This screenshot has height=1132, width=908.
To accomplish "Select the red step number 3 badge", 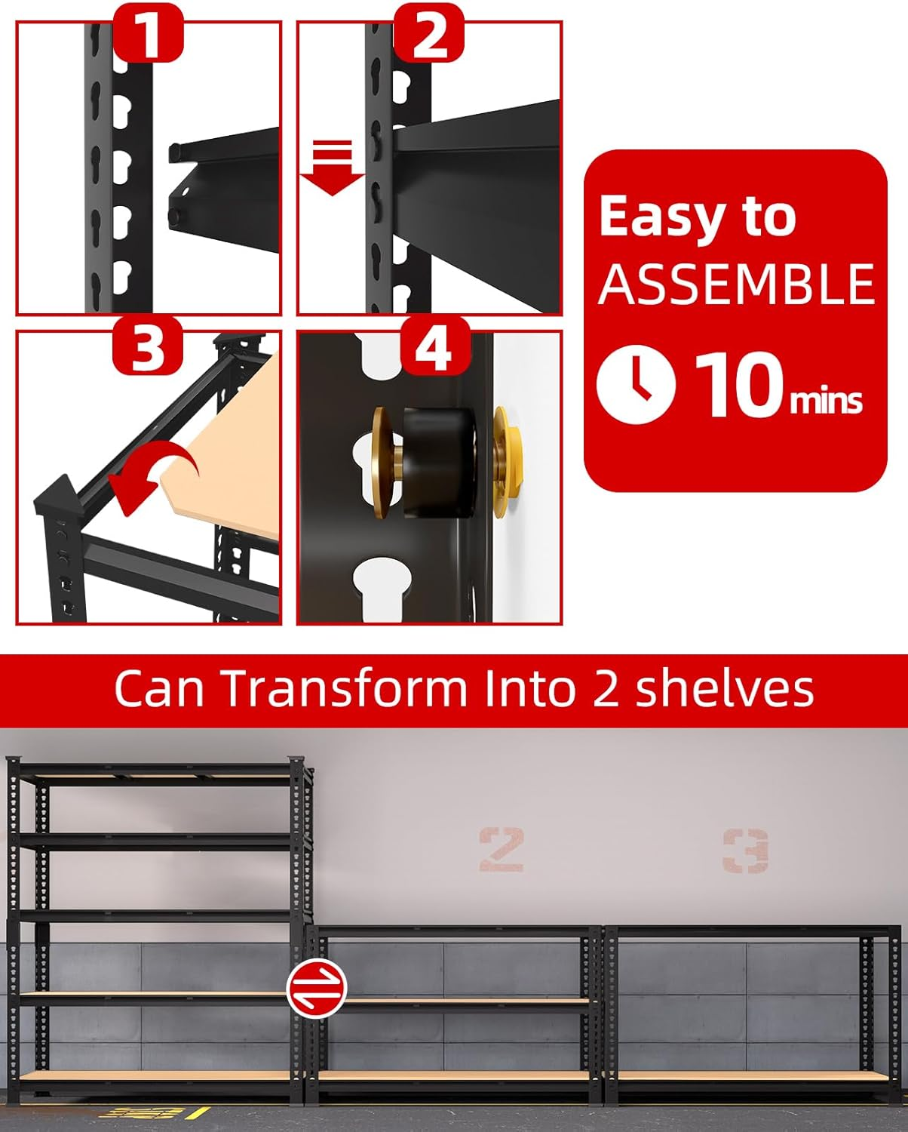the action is point(148,346).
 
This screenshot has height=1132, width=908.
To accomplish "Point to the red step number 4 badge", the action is point(435,346).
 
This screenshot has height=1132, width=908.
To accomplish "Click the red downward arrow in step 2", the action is point(333,168).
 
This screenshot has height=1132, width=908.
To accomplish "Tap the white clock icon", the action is point(636,384).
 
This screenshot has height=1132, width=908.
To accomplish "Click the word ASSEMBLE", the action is point(736,284).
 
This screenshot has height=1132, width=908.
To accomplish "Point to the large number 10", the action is point(741,384).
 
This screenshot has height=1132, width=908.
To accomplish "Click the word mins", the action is point(826,401).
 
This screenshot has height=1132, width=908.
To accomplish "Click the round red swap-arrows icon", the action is point(317,988).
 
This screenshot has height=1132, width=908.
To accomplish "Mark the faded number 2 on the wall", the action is point(502,849).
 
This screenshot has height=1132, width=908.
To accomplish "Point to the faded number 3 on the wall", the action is point(745,851).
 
